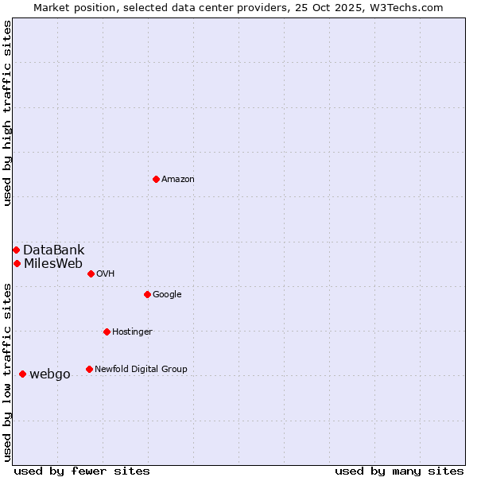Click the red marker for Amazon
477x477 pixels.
156,179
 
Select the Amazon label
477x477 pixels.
178,180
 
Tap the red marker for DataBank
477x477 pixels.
16,250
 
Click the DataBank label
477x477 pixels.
53,250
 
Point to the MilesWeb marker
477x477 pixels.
17,263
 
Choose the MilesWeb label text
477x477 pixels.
52,264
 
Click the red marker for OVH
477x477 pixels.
91,273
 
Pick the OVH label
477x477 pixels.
106,274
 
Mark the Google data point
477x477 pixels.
147,294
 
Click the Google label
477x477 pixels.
167,295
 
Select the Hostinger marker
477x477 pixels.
107,332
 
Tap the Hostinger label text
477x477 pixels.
132,332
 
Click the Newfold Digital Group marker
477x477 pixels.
89,369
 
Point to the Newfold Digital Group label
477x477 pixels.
141,370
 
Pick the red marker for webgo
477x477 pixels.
22,374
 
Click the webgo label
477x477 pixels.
50,374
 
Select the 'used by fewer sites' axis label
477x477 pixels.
82,471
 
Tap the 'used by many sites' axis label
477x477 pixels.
399,471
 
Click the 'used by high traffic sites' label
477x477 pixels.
7,113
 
